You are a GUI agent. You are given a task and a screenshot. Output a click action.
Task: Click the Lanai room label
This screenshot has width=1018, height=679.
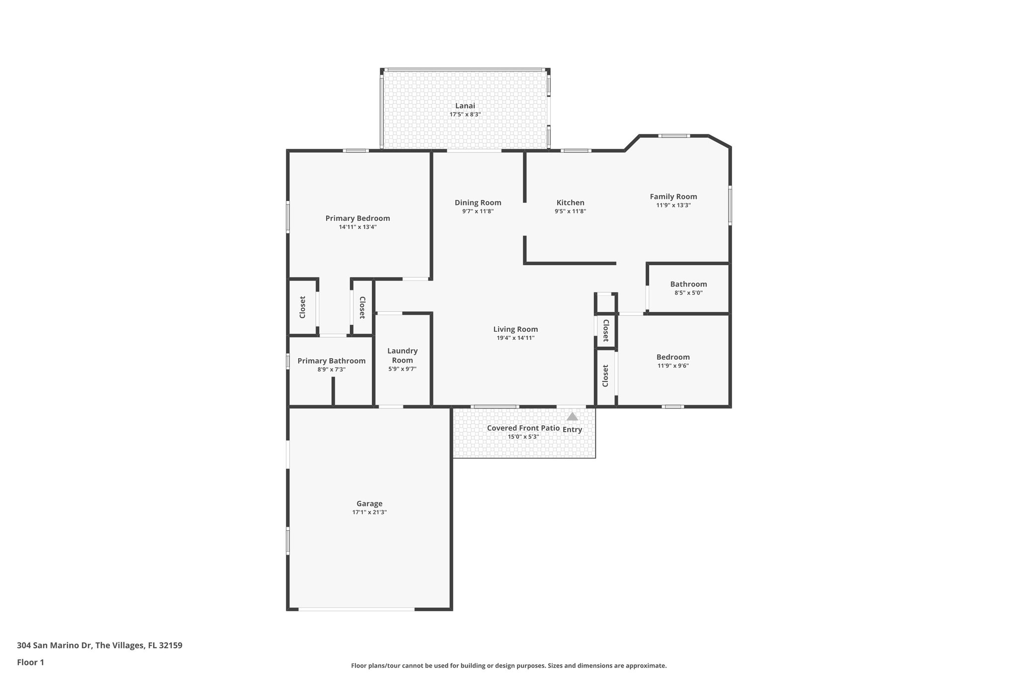465,105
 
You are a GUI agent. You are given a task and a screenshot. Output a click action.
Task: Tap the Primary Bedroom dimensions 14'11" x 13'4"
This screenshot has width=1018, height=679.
357,227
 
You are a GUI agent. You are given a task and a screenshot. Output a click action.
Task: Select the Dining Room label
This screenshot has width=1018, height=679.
478,202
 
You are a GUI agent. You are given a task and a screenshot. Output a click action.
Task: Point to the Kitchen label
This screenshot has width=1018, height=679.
570,202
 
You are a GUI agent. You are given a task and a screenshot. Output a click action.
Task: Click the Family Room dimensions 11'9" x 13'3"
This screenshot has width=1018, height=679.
673,205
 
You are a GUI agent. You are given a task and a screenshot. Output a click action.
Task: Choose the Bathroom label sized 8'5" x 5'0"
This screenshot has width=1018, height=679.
688,284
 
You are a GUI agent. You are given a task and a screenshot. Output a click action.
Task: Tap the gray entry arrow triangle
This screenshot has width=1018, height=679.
572,416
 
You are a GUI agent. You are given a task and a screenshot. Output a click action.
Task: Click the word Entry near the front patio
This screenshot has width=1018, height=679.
572,430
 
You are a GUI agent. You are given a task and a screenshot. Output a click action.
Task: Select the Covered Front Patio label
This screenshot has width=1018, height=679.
523,428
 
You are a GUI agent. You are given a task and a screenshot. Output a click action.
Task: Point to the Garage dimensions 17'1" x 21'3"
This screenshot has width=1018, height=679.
369,512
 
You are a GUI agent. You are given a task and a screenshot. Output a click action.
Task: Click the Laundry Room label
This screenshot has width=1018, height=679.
402,355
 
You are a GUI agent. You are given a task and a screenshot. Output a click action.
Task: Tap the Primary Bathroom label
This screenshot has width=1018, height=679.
331,361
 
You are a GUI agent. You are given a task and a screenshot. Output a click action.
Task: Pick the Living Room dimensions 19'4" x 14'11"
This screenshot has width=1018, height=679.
515,338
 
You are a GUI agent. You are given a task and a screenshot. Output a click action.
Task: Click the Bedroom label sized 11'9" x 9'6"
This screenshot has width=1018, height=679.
673,357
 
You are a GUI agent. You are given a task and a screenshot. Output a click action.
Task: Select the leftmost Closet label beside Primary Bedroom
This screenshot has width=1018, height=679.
302,307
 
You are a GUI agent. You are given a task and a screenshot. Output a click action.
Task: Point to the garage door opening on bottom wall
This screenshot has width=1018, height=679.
356,609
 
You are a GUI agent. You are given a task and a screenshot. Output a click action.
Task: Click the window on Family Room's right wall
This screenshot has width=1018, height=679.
730,204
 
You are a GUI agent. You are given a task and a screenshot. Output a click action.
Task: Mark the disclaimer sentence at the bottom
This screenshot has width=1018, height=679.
509,666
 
